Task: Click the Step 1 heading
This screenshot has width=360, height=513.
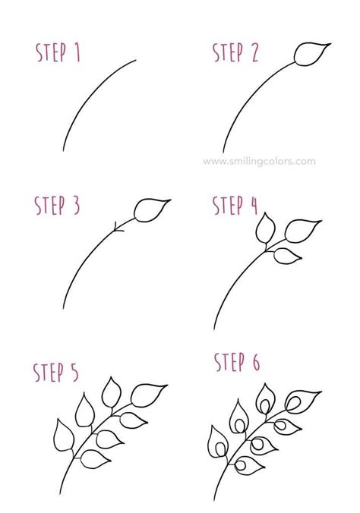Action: coord(58,52)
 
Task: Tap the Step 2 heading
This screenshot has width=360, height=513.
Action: coord(235,52)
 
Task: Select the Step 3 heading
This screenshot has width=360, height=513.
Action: coord(57,206)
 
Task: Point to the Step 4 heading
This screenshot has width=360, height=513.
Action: coord(235,205)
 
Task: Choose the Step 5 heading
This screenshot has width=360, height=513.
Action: coord(56,372)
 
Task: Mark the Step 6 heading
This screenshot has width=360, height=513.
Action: coord(237,362)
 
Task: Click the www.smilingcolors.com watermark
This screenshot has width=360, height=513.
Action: coord(259,162)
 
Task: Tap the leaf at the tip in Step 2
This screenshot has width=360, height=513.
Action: coord(311,54)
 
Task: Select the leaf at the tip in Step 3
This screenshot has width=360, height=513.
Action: coord(150,210)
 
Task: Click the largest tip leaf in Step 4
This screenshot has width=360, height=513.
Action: coord(302,231)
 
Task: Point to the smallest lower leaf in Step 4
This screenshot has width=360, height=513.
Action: coord(287,256)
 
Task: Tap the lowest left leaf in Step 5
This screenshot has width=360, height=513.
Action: coord(63,436)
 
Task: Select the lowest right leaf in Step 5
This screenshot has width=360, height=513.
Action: coord(95,459)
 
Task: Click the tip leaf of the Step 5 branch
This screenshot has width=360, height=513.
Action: coord(147,395)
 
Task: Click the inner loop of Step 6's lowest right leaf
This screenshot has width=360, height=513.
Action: coord(241,465)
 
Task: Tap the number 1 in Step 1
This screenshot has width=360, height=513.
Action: coord(77,52)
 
